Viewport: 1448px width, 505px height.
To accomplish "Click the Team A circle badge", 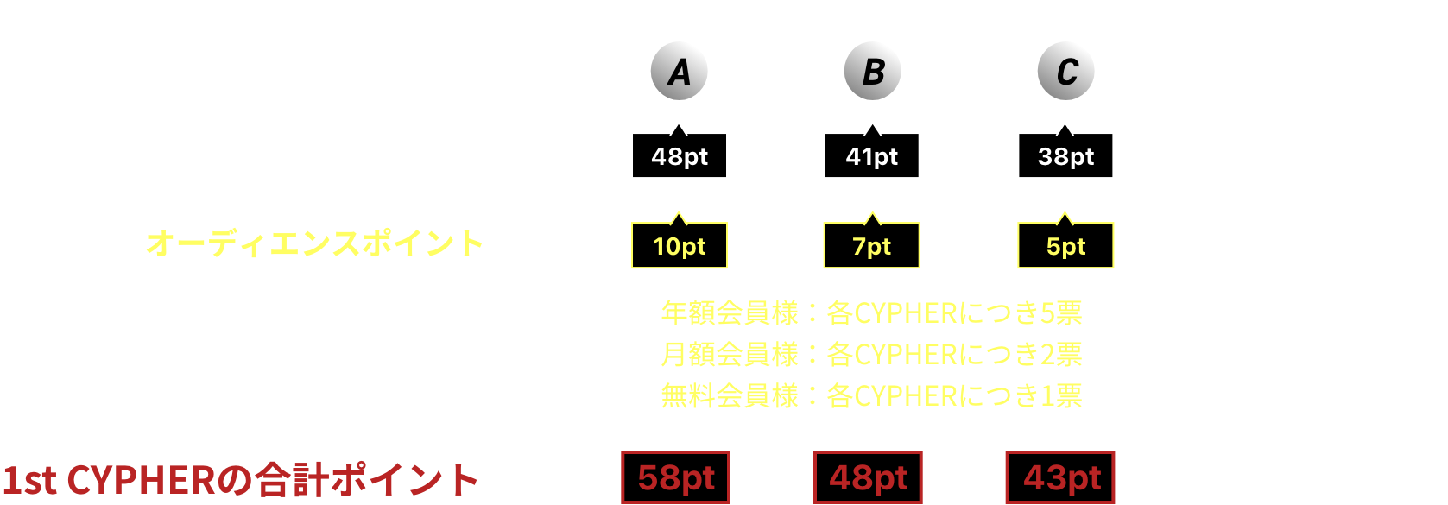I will point(679,72).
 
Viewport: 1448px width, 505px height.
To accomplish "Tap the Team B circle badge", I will point(872,72).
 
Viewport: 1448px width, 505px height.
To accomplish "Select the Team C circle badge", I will point(1065,72).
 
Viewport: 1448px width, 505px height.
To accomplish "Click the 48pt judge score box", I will point(680,156).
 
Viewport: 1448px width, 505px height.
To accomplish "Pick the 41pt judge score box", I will point(871,156).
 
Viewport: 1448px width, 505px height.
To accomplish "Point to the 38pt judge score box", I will point(1065,156).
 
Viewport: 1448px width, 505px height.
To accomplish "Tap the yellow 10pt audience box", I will point(680,246).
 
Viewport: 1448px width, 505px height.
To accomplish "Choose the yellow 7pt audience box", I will point(871,246).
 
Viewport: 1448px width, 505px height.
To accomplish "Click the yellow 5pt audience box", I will point(1065,246).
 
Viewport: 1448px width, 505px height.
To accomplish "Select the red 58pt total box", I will point(675,477).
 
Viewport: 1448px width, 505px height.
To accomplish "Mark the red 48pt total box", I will point(868,477).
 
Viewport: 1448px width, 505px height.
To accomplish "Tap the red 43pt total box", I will point(1060,477).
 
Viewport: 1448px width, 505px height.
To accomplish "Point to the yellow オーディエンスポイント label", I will point(314,243).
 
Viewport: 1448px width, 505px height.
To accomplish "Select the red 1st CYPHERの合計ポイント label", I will point(240,480).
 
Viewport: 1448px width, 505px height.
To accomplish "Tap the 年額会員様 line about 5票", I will point(871,312).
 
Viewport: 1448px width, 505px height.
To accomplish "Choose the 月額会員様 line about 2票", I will point(871,354).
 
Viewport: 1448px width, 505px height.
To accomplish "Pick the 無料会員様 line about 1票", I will point(871,395).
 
